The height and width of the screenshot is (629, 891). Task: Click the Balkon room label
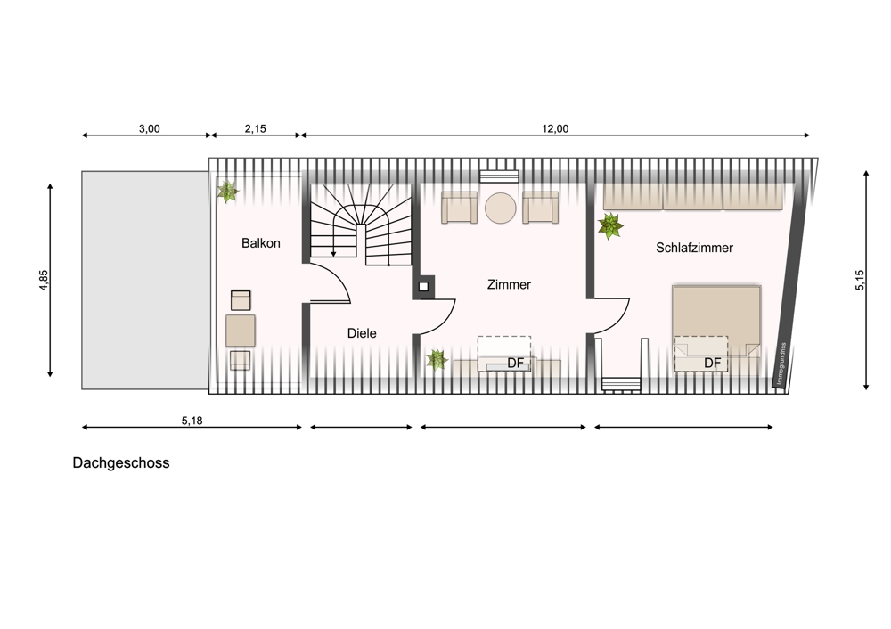[261, 243]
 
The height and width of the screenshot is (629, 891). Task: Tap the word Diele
[362, 333]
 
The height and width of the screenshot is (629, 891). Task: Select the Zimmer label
[509, 285]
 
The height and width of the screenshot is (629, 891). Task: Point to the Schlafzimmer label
[694, 248]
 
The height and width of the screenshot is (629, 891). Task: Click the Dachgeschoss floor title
[121, 463]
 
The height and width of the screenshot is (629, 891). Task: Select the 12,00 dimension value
[555, 129]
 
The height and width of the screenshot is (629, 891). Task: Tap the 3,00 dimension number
[150, 129]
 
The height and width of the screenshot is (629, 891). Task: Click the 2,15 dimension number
[256, 129]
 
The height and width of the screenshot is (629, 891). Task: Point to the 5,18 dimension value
[192, 421]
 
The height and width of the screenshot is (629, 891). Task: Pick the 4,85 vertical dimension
[44, 280]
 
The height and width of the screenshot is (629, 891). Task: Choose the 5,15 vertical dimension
[860, 280]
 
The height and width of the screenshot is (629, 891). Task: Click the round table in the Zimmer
[501, 208]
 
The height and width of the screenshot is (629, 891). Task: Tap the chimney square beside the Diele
[423, 287]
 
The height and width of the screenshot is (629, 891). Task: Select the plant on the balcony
[227, 192]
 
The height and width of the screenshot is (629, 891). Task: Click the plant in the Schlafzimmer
[610, 226]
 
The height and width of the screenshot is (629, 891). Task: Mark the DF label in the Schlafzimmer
[712, 364]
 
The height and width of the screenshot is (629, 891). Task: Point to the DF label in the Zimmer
[515, 364]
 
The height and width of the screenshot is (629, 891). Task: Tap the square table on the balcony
[241, 331]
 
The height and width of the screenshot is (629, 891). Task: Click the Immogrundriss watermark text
[782, 364]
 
